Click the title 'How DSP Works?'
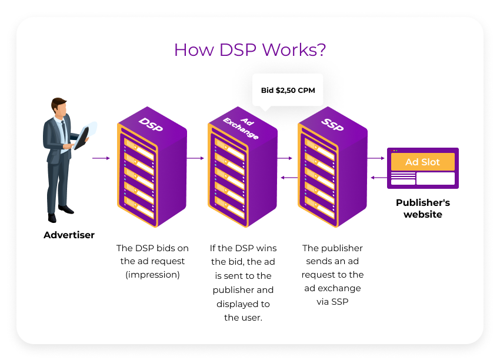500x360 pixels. click(x=250, y=49)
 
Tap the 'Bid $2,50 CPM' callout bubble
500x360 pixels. click(x=288, y=90)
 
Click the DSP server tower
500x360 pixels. click(x=152, y=167)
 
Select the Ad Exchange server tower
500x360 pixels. click(x=242, y=167)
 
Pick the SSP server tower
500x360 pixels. click(x=332, y=167)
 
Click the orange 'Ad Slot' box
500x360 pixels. click(x=422, y=162)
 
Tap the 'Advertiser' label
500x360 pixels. click(x=69, y=235)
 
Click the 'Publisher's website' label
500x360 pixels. click(x=422, y=208)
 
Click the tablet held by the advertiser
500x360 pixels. click(x=83, y=136)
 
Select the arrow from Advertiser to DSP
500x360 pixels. click(x=101, y=158)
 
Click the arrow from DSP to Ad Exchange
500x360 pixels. click(x=195, y=158)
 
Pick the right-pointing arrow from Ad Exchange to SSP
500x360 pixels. click(x=285, y=158)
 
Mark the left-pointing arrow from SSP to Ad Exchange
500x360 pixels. click(x=288, y=177)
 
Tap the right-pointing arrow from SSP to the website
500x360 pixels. click(x=375, y=158)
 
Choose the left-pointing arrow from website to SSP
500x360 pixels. click(x=378, y=177)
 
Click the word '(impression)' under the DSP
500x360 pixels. click(x=152, y=275)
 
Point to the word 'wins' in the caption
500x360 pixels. click(x=265, y=248)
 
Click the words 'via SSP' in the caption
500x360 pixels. click(x=333, y=302)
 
